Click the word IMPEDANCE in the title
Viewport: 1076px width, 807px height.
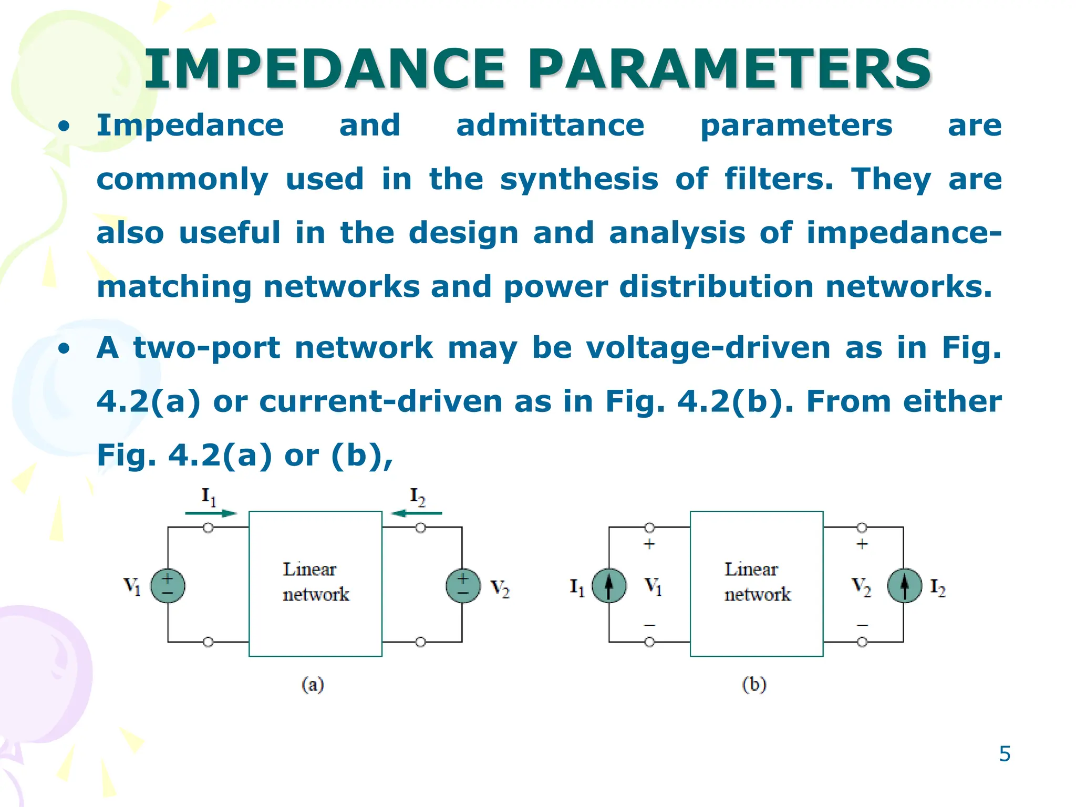click(324, 69)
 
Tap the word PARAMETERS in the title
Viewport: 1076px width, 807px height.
click(730, 69)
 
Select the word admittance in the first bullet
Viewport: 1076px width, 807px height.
click(550, 126)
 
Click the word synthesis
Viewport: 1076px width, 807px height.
click(579, 180)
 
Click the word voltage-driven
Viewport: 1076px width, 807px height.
click(708, 348)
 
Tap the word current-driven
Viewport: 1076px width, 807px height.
click(380, 402)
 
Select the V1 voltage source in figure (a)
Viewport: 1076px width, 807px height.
click(168, 586)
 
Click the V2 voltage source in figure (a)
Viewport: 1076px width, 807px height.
click(463, 586)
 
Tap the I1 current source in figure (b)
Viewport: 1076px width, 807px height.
click(609, 586)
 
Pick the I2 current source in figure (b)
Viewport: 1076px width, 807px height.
click(904, 586)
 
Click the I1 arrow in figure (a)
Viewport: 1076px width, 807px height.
click(211, 513)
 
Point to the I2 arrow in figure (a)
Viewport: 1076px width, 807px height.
click(417, 513)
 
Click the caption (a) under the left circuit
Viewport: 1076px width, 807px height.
click(313, 685)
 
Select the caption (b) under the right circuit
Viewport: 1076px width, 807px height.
click(754, 685)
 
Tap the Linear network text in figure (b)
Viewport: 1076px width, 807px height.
click(757, 582)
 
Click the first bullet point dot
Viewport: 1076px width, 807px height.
click(64, 127)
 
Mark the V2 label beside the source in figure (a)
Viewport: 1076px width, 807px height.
click(500, 588)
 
